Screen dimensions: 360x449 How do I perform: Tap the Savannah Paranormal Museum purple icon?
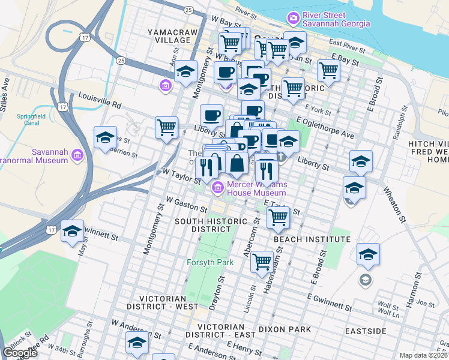pyautogui.click(x=77, y=157)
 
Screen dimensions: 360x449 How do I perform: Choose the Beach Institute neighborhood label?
pyautogui.click(x=312, y=239)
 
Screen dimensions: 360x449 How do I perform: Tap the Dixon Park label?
pyautogui.click(x=285, y=329)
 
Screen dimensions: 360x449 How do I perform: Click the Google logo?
pyautogui.click(x=20, y=353)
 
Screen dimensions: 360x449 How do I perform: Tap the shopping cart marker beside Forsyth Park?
pyautogui.click(x=262, y=262)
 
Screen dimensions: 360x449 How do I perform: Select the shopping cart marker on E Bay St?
pyautogui.click(x=328, y=70)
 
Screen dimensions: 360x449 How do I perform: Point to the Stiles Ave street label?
pyautogui.click(x=5, y=89)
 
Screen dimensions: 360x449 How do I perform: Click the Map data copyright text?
pyautogui.click(x=424, y=355)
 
